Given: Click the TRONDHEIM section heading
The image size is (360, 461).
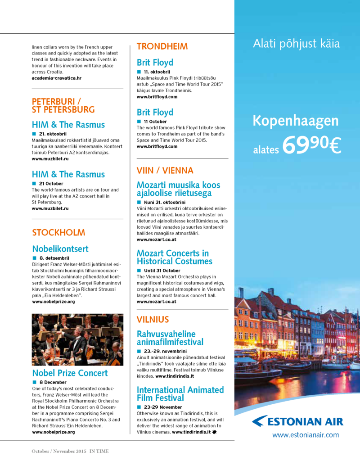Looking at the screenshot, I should coord(162,46).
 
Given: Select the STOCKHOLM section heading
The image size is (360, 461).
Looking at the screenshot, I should coord(58,233).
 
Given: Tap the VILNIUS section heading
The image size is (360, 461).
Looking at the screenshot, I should coord(153,320).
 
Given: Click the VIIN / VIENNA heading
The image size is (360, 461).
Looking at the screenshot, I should coord(165,171).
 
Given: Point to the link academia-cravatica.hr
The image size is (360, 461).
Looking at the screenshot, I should coord(56,78).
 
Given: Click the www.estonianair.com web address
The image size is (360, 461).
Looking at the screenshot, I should coord(305,435).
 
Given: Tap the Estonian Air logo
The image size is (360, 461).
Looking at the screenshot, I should coord(297,422).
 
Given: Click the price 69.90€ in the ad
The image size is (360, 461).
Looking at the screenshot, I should coord(311,144).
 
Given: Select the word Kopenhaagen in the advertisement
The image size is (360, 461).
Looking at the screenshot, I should coord(295,121).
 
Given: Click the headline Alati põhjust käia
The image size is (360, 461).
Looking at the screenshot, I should coord(296,44).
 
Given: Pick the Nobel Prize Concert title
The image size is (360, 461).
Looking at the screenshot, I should coord(70,373).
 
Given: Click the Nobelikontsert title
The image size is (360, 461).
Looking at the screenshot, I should coord(60,249).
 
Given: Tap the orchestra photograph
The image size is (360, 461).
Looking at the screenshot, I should coord(77,340).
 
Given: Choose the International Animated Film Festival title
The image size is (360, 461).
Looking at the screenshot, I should coord(180,394).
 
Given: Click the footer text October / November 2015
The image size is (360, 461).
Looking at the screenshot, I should coord(58,451).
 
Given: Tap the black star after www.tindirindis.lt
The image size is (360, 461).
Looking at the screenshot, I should coord(215,432).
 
